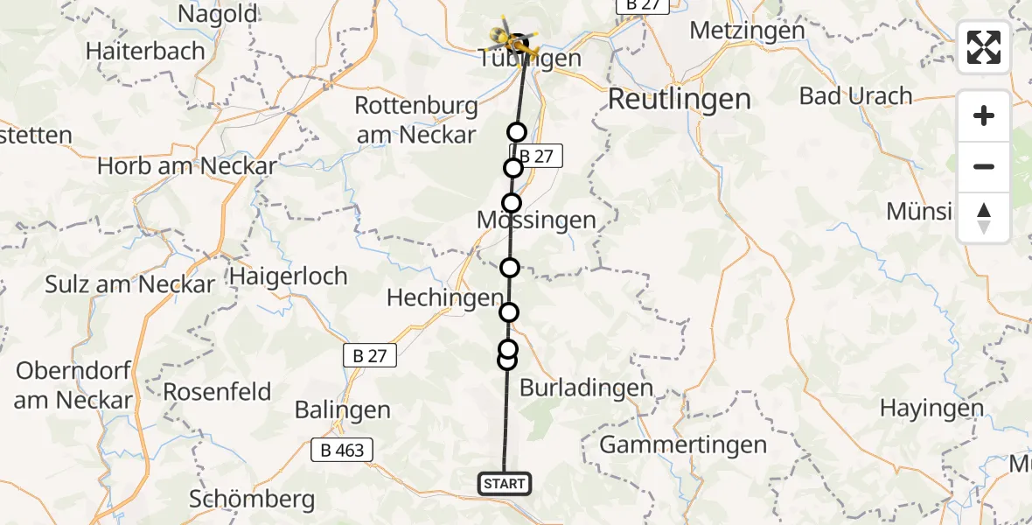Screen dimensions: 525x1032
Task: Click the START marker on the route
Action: pyautogui.click(x=505, y=483)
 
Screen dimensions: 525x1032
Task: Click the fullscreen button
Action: pyautogui.click(x=984, y=47)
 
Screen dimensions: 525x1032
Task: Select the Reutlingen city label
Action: pyautogui.click(x=679, y=99)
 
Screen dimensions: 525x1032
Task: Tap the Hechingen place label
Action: pyautogui.click(x=445, y=298)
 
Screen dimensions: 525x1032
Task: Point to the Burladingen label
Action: pyautogui.click(x=586, y=387)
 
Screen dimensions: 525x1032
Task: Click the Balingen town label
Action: pyautogui.click(x=342, y=409)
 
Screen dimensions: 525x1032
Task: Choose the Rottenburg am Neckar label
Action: pyautogui.click(x=416, y=120)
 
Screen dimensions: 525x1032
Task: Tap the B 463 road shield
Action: pyautogui.click(x=343, y=451)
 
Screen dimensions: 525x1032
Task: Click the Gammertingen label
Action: pyautogui.click(x=683, y=444)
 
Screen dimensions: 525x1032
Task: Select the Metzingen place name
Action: pyautogui.click(x=747, y=30)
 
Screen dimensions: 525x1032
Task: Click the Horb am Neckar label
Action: pyautogui.click(x=187, y=165)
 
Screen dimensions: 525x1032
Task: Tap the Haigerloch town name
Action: pyautogui.click(x=289, y=276)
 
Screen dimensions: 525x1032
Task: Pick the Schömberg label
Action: pyautogui.click(x=252, y=500)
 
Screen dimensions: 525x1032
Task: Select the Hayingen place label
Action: pyautogui.click(x=932, y=408)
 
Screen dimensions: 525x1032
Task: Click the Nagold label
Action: pyautogui.click(x=218, y=14)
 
